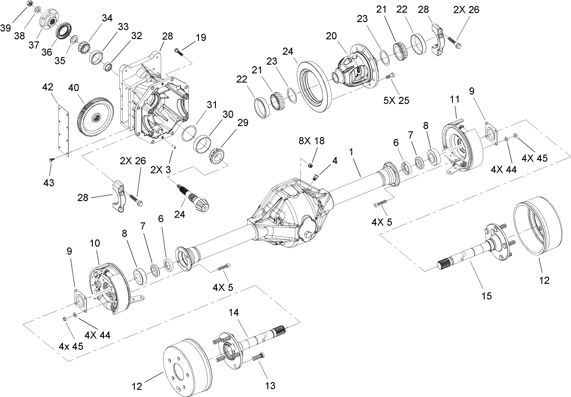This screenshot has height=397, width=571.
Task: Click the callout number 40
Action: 74,87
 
